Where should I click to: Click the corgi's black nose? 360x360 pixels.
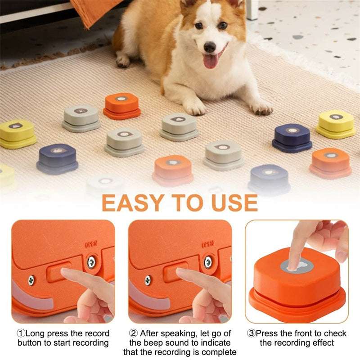[x=210, y=47]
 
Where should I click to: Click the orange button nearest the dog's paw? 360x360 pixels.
[x=122, y=105]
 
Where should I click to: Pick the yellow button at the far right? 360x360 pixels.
[x=336, y=123]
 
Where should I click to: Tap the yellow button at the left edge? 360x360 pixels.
[x=17, y=133]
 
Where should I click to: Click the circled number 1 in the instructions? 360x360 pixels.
[x=21, y=334]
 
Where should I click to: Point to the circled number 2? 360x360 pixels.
[x=133, y=334]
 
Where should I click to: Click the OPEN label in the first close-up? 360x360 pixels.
[x=92, y=246]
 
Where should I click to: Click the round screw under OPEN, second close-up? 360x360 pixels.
[x=208, y=262]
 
